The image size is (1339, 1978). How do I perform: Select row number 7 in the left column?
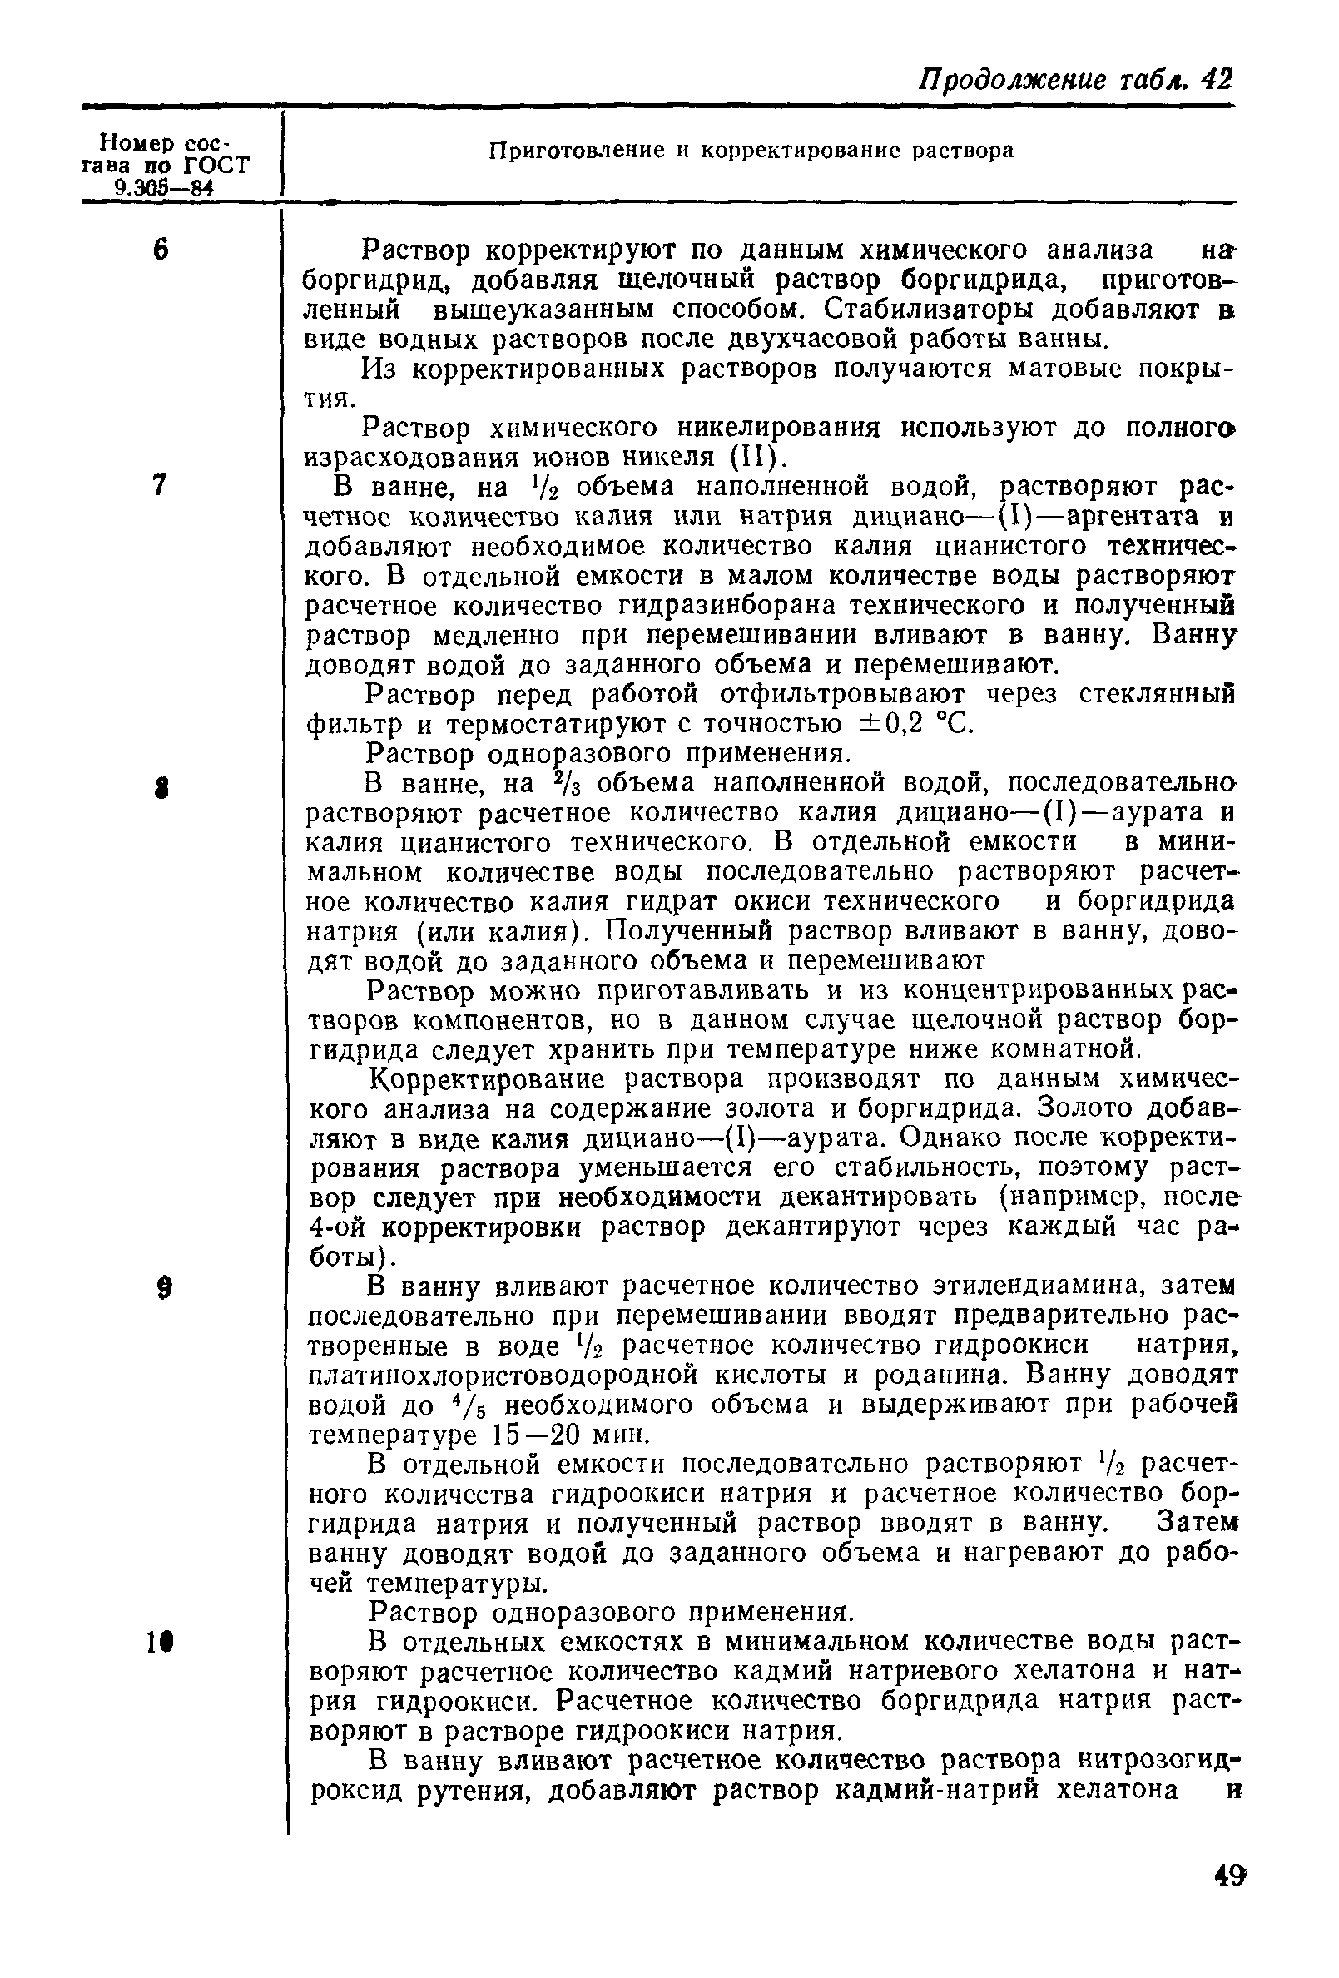click(x=159, y=485)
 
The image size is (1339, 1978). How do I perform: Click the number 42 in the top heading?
click(x=1216, y=79)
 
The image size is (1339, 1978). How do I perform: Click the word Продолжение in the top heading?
click(x=1011, y=80)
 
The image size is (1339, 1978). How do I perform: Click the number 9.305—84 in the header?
click(x=162, y=188)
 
